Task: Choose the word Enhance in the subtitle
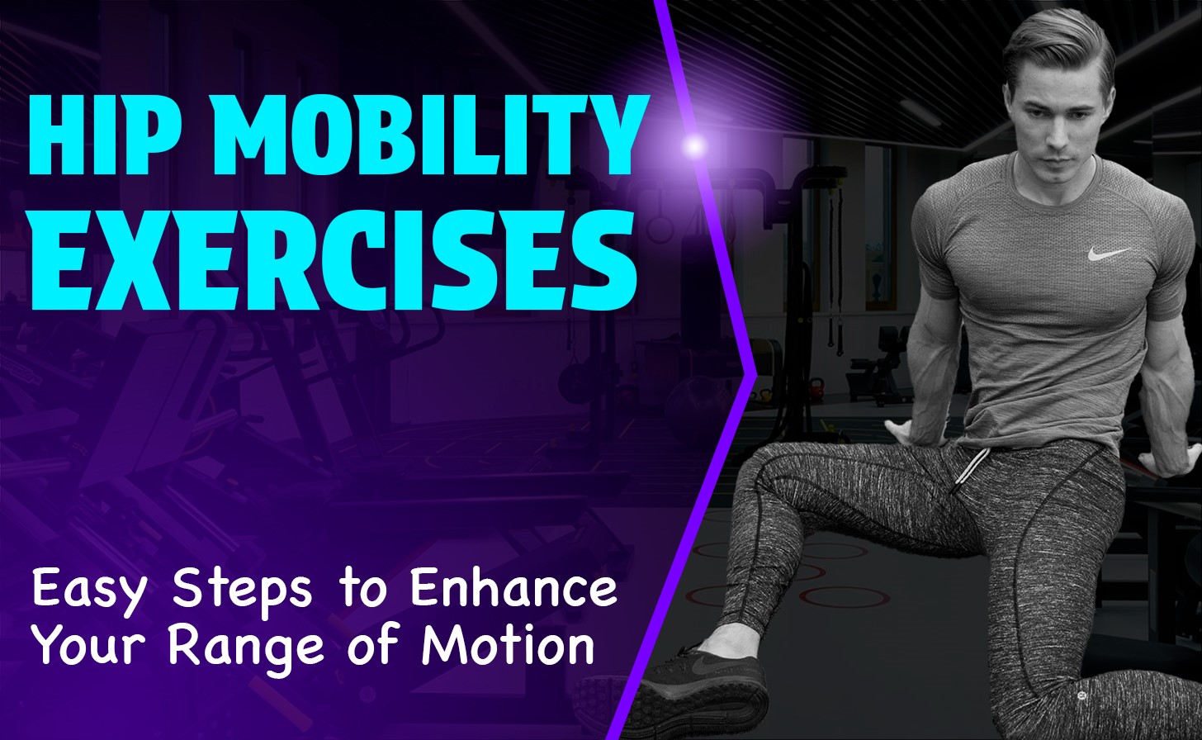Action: (x=513, y=588)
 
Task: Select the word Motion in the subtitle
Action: (x=508, y=645)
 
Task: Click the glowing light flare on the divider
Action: (x=696, y=145)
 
